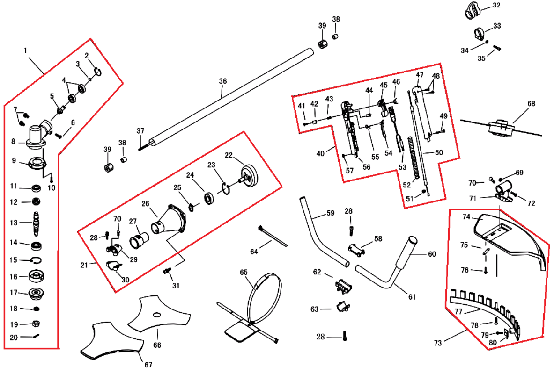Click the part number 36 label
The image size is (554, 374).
(222, 81)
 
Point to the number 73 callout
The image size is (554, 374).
(438, 343)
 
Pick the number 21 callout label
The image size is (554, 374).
(84, 265)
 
